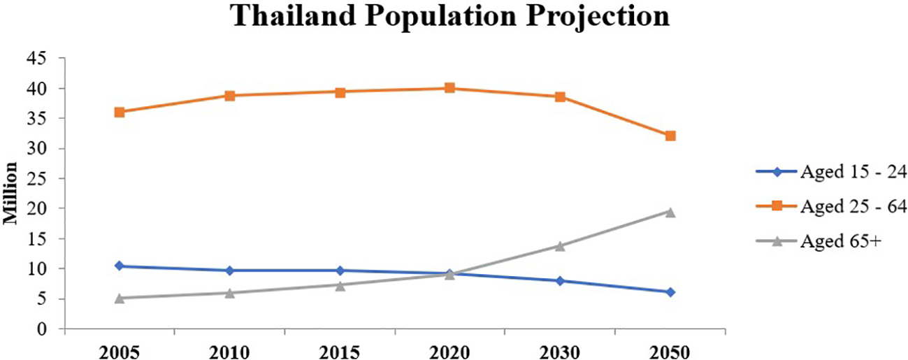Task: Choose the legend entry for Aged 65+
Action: point(817,241)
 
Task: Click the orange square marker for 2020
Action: point(449,88)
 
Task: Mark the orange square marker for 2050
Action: point(670,136)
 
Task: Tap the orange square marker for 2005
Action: point(120,112)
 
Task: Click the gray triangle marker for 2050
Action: point(670,212)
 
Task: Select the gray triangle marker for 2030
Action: point(560,245)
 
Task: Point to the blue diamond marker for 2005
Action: point(120,266)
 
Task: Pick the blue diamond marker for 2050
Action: point(670,292)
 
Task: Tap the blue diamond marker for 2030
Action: point(560,280)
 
